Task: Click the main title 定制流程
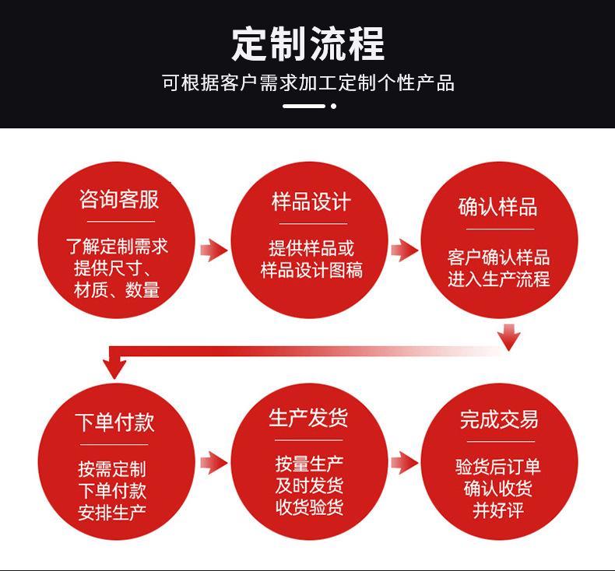tap(307, 43)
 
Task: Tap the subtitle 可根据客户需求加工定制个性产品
tap(307, 83)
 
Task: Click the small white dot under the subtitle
tap(333, 106)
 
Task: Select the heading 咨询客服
tap(119, 199)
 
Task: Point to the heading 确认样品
tap(498, 207)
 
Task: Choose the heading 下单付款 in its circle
tap(114, 422)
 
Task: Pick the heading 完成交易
tap(498, 420)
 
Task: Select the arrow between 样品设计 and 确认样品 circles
tap(403, 250)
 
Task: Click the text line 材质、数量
tap(117, 290)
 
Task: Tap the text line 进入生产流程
tap(498, 279)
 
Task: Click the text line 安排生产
tap(112, 513)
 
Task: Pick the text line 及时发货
tap(309, 486)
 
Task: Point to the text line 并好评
tap(498, 511)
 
